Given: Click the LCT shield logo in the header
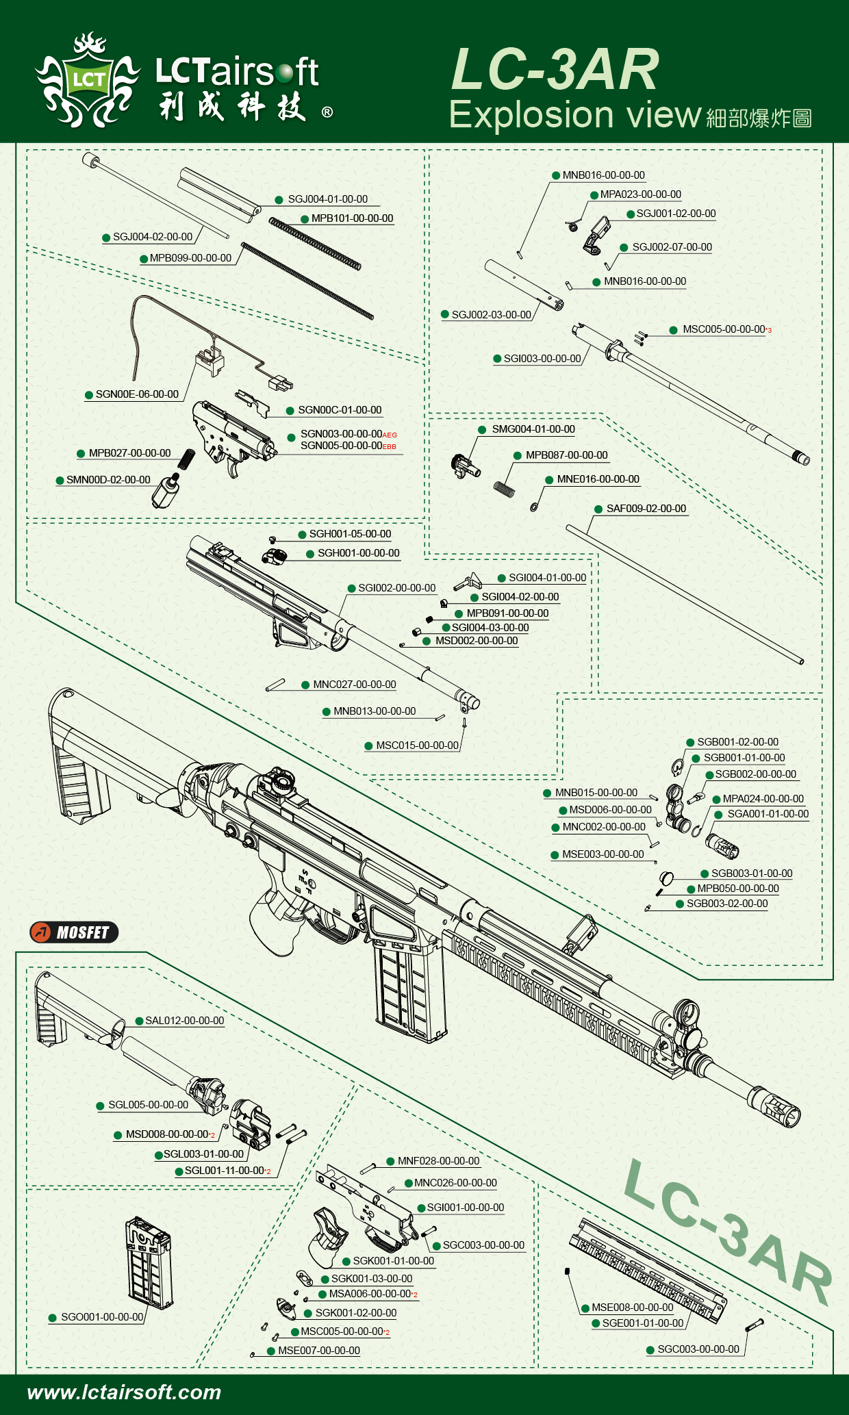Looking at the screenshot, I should click(88, 81).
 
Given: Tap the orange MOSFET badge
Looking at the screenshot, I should click(74, 932).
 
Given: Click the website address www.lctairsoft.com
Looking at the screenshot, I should click(124, 1392).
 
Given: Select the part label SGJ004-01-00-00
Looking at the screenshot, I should click(327, 199).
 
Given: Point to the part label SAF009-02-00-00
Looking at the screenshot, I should click(646, 509).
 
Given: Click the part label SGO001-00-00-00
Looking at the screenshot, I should click(102, 1317).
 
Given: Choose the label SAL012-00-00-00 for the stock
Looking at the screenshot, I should click(184, 1021).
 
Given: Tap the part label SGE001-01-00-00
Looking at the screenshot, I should click(642, 1323).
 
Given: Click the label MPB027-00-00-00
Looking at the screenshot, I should click(129, 453).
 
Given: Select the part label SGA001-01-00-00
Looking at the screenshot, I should click(768, 814).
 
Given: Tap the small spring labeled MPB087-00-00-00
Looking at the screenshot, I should click(505, 488).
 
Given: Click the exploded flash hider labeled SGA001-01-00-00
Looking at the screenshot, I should click(723, 846).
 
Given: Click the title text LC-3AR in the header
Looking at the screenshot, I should click(555, 70).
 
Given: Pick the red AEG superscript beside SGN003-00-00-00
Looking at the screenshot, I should click(390, 435).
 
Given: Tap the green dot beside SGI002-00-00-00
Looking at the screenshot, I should click(352, 589).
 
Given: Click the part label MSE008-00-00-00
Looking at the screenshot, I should click(632, 1308).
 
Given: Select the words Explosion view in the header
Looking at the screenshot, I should click(575, 115).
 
